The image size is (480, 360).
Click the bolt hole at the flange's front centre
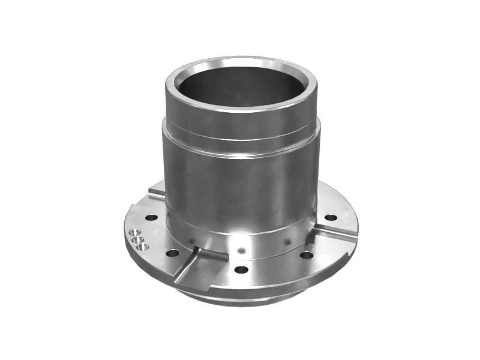point(241,269)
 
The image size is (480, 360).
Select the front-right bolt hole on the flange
point(306,255)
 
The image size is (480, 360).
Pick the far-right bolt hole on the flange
point(331,217)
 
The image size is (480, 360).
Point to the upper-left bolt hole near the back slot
point(152,217)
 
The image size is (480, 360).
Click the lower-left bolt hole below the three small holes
point(173,253)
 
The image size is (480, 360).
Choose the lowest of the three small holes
point(142,246)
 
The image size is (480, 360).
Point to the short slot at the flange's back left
point(157,193)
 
